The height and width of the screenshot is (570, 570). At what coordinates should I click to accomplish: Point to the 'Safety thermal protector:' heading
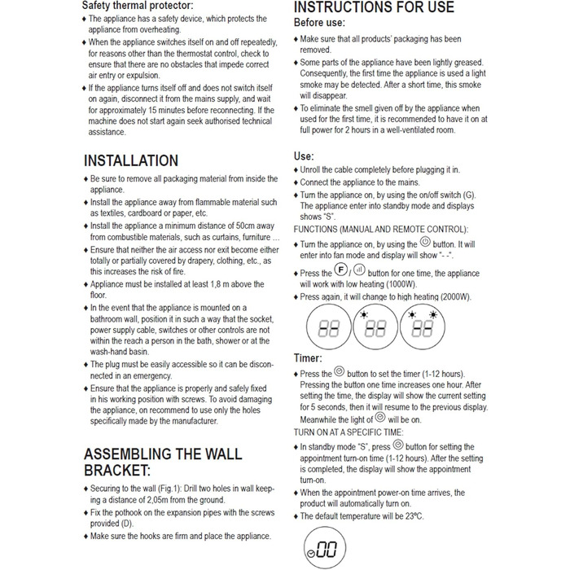[138, 5]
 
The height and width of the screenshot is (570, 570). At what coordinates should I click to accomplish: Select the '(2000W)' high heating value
[453, 297]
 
